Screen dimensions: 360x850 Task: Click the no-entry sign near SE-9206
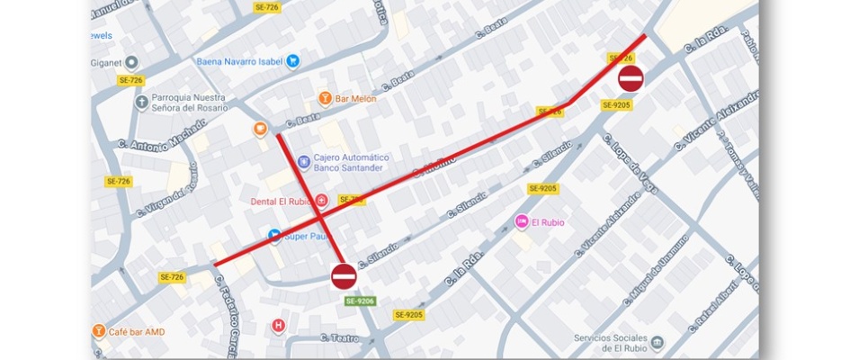point(344,276)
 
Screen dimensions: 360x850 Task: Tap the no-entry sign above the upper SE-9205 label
point(631,78)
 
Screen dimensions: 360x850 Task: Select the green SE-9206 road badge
point(360,301)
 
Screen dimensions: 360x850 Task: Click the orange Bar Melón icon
point(326,97)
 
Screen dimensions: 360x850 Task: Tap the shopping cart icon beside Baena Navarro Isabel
point(292,61)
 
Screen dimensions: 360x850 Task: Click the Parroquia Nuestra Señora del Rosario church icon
point(141,103)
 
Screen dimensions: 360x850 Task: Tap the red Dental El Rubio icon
point(321,201)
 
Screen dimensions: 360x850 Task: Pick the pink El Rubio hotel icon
point(521,221)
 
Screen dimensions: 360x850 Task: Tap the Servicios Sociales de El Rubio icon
point(658,343)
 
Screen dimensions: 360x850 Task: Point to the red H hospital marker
point(279,325)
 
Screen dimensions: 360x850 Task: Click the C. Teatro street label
point(341,339)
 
